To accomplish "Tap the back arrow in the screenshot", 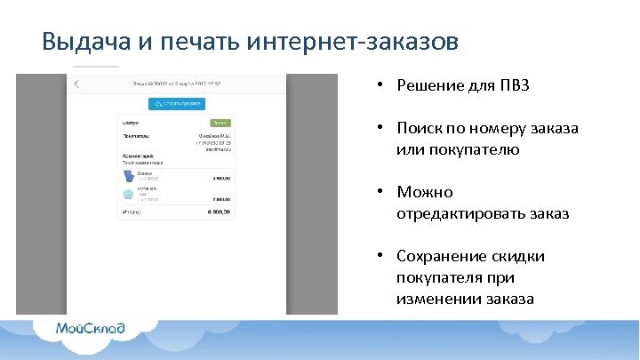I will [77, 84].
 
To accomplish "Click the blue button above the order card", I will [176, 103].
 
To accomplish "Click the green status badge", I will [220, 122].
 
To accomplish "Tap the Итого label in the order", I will [132, 212].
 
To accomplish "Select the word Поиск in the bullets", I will [420, 128].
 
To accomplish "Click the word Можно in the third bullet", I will [425, 192].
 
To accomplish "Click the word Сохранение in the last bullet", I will [440, 256].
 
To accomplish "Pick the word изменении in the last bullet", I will [439, 299].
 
